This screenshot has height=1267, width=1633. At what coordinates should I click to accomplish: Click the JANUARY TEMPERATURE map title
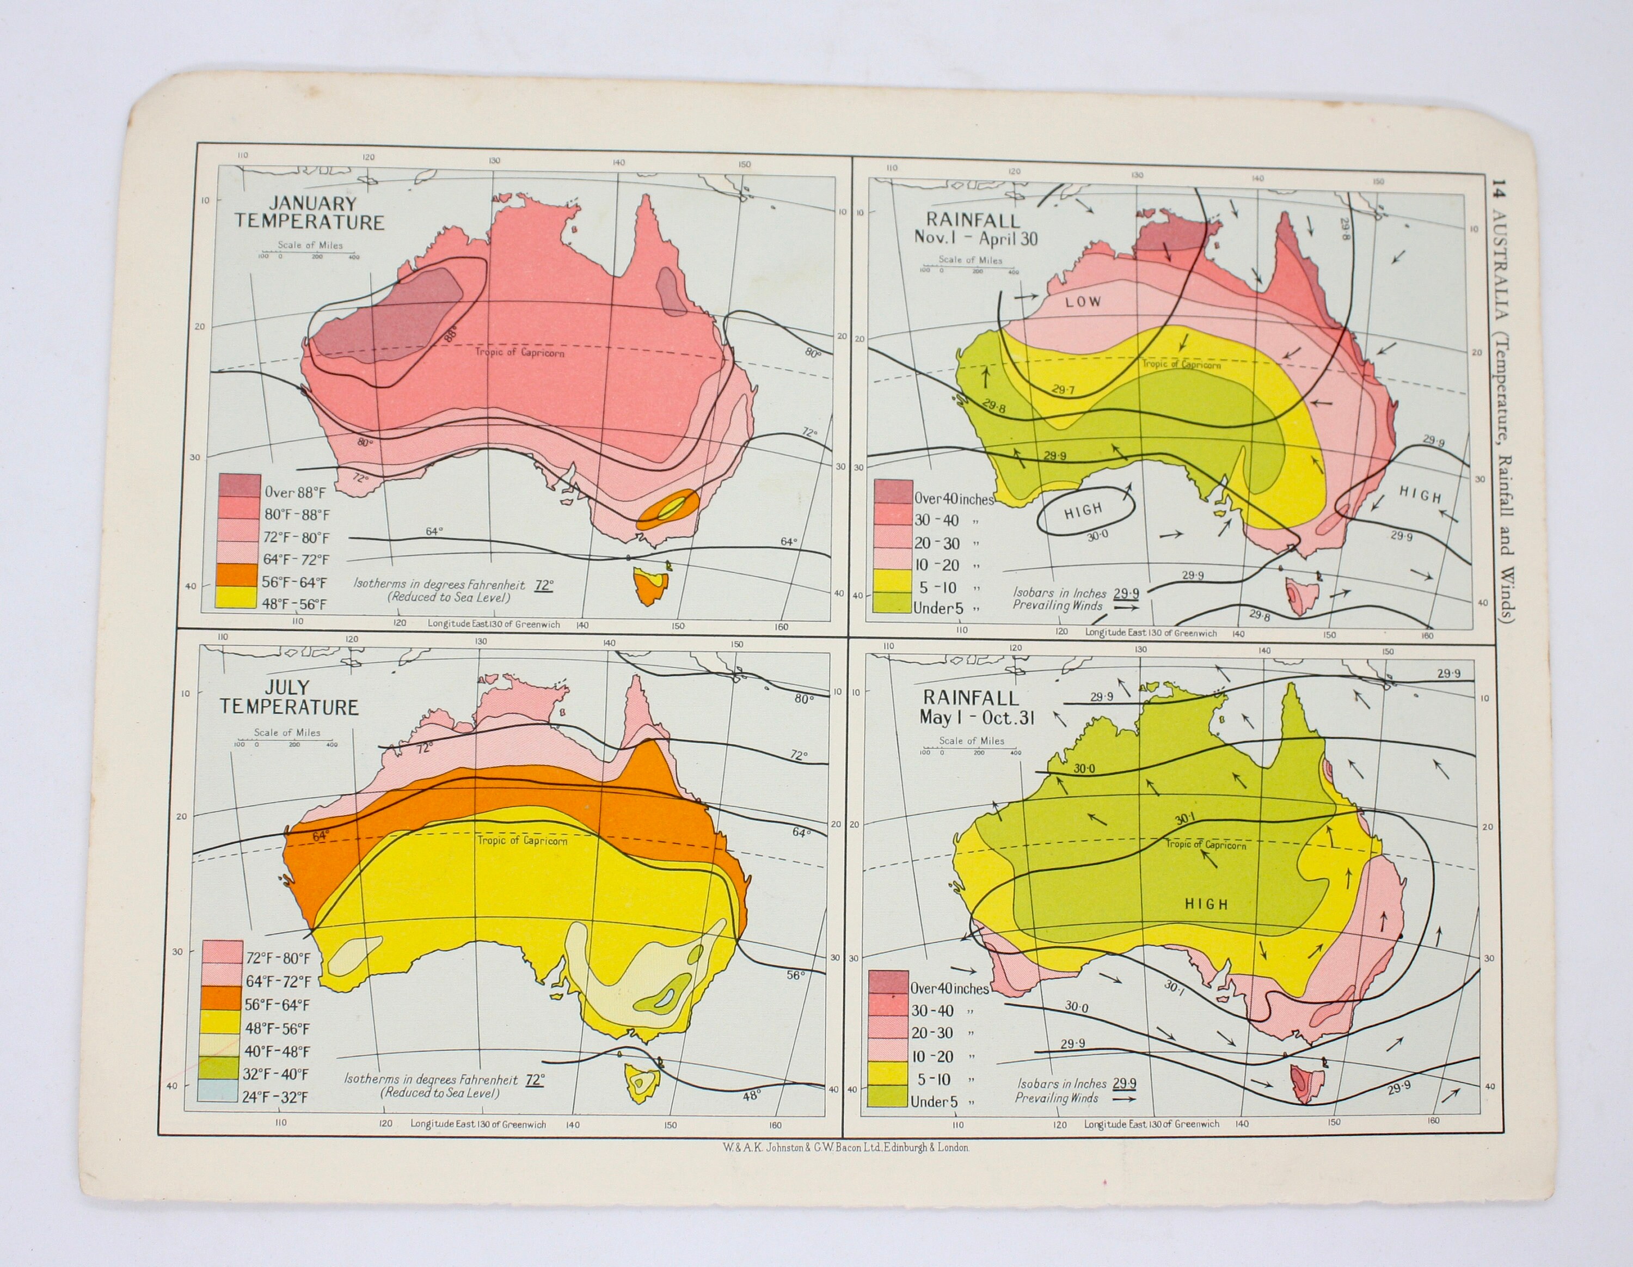point(309,212)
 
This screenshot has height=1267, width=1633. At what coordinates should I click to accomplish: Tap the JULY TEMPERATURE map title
point(290,697)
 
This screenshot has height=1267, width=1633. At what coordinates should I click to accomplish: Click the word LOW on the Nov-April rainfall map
point(1083,302)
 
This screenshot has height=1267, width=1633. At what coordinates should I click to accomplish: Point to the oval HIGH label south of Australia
point(1083,511)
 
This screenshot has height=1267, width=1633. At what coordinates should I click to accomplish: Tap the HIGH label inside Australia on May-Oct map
point(1206,904)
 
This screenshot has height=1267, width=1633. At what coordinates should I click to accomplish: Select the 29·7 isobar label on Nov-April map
point(1062,390)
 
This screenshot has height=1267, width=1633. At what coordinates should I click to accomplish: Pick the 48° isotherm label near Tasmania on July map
point(751,1095)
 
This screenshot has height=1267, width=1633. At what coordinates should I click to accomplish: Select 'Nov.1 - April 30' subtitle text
point(976,240)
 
